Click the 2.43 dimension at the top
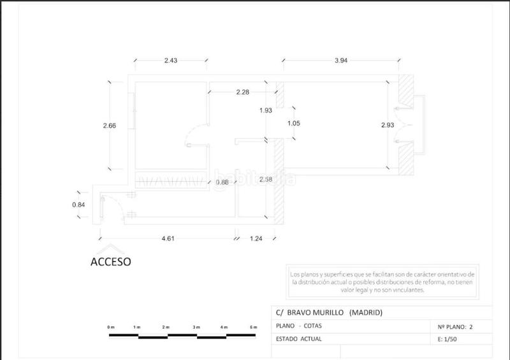tap(170, 61)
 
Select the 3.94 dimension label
tap(346, 61)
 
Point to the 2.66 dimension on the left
tap(109, 126)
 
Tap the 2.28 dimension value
tap(242, 93)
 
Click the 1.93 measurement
tap(266, 111)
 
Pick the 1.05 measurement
tap(293, 124)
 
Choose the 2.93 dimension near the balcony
tap(388, 125)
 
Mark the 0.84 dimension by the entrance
tap(78, 205)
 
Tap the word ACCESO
tap(110, 262)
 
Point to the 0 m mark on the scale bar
tap(111, 327)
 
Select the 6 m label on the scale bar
tap(254, 327)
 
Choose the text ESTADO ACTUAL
tap(299, 339)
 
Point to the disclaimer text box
tap(382, 281)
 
